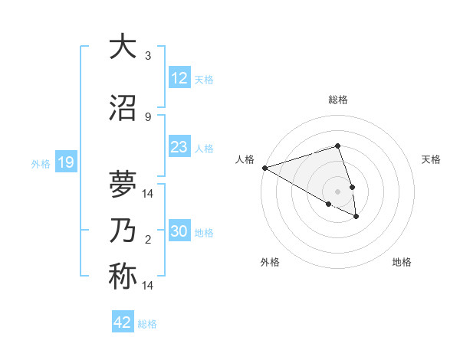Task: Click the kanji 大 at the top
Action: (122, 47)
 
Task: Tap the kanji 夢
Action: (122, 185)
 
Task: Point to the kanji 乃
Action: (122, 231)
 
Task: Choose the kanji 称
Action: (122, 277)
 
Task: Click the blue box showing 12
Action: (179, 78)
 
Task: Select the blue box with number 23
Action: (179, 147)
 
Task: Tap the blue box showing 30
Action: (179, 231)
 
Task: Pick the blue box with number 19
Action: (66, 162)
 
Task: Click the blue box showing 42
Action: (123, 322)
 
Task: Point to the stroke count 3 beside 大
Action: (148, 56)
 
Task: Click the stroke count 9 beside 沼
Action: (148, 117)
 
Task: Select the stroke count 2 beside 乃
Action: (148, 240)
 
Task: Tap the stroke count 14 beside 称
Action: (148, 286)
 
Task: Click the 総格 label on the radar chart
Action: (338, 100)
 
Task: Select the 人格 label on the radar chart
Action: (245, 159)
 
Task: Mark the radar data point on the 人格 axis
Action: (264, 168)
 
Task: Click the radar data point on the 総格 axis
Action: (337, 146)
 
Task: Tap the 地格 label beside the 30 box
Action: (205, 232)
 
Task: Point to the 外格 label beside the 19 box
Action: (41, 163)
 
